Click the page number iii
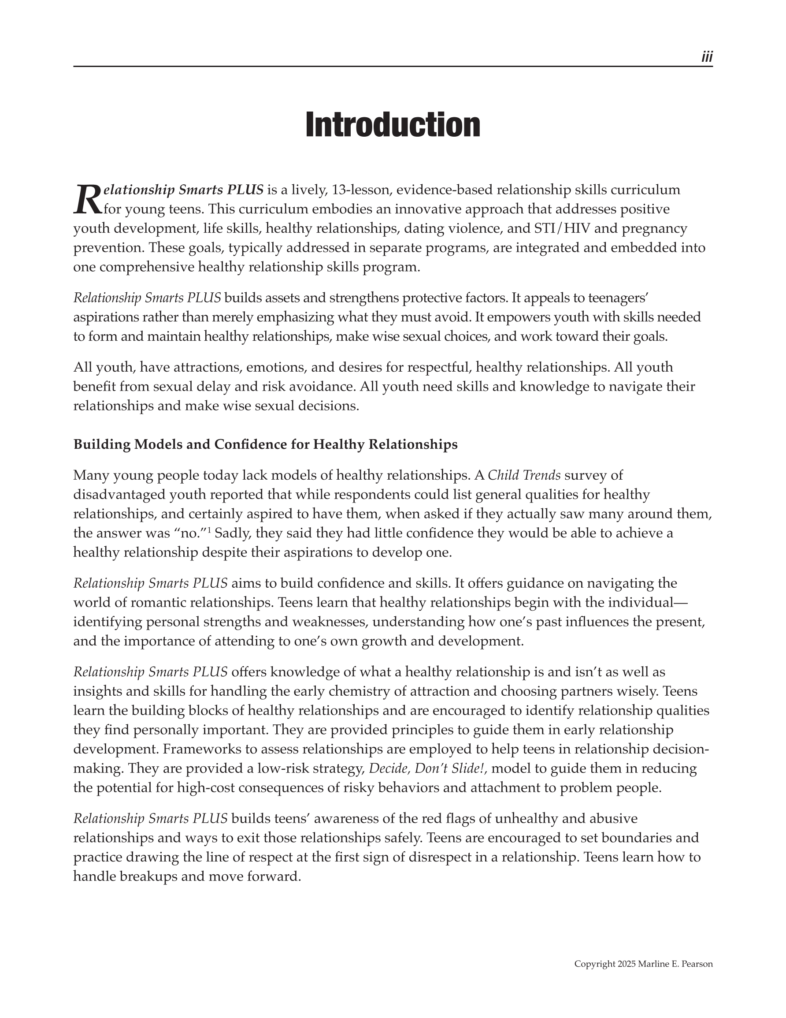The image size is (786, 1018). [x=707, y=57]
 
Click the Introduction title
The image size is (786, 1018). [x=393, y=125]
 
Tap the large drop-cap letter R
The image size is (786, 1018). [x=87, y=199]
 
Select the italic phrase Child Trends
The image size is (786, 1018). [x=524, y=475]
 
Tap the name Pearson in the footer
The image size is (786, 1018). [x=697, y=964]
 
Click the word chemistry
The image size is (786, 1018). [x=348, y=691]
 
